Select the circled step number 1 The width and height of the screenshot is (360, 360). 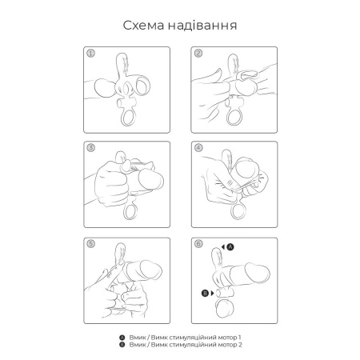[91, 55]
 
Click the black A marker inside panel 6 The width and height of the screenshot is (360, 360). [232, 249]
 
